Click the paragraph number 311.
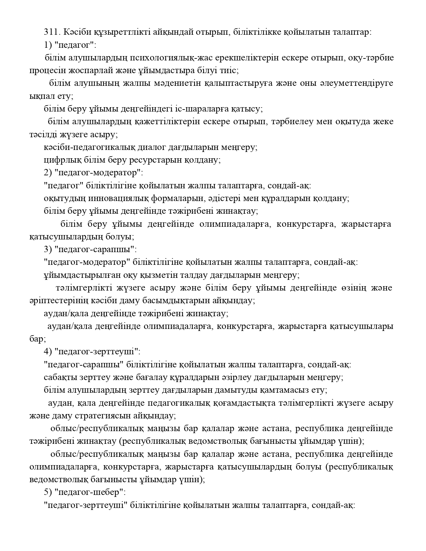tap(51, 32)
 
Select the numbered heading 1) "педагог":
tap(70, 45)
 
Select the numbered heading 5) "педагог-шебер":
tap(85, 492)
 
